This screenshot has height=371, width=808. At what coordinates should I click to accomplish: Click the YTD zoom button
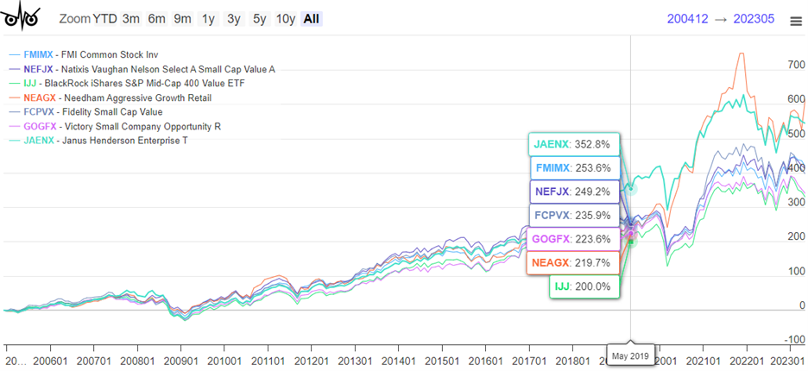pos(104,19)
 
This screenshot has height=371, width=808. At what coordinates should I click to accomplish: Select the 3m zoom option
pos(131,19)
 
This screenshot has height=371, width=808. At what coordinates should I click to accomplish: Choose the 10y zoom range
pos(286,19)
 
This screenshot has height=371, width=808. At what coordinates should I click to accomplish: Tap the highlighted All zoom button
pos(312,19)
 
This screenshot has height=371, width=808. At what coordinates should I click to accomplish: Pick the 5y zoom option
pos(259,19)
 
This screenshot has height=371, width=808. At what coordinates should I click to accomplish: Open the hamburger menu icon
pos(795,22)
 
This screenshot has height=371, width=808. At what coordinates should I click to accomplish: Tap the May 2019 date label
pos(631,355)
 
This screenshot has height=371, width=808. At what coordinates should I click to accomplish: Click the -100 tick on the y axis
pos(794,340)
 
